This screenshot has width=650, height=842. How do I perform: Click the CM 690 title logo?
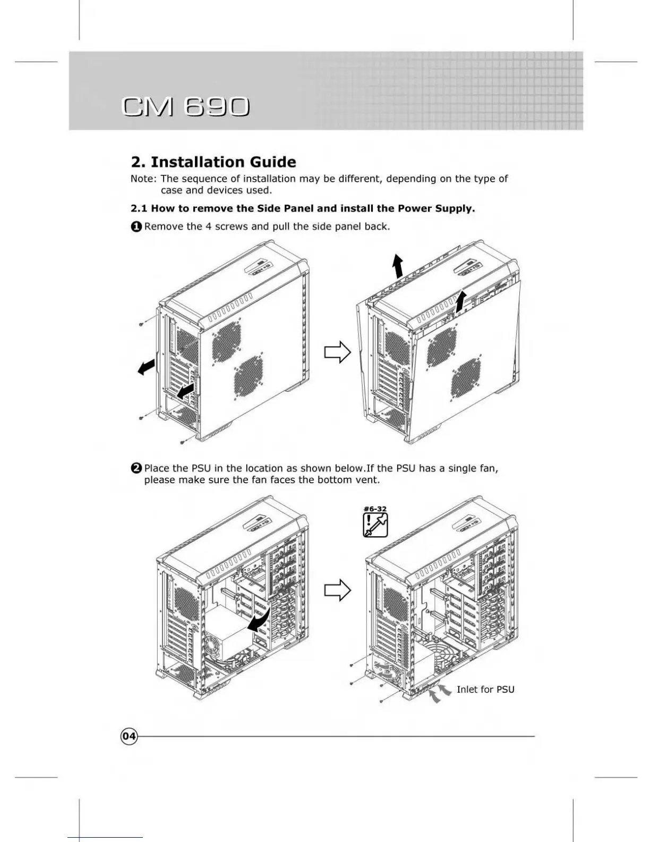pos(185,107)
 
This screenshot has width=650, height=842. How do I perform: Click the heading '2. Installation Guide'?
pos(213,162)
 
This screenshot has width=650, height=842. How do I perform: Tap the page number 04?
pos(129,736)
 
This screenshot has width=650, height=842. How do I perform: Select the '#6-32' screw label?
pos(375,509)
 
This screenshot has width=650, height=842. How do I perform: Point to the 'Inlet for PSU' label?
pos(485,689)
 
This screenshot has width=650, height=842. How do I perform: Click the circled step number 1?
pos(136,226)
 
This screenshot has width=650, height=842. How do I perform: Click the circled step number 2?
pos(136,468)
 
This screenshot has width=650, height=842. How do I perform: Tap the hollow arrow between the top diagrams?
pos(338,352)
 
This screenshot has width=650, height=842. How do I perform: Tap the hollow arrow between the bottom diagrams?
pos(338,590)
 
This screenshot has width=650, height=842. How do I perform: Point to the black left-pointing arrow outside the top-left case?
pos(146,366)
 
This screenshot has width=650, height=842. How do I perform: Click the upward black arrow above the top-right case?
pos(397,265)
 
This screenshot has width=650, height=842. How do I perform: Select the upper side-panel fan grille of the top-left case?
pos(227,341)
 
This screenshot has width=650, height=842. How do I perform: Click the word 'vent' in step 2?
pos(368,479)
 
